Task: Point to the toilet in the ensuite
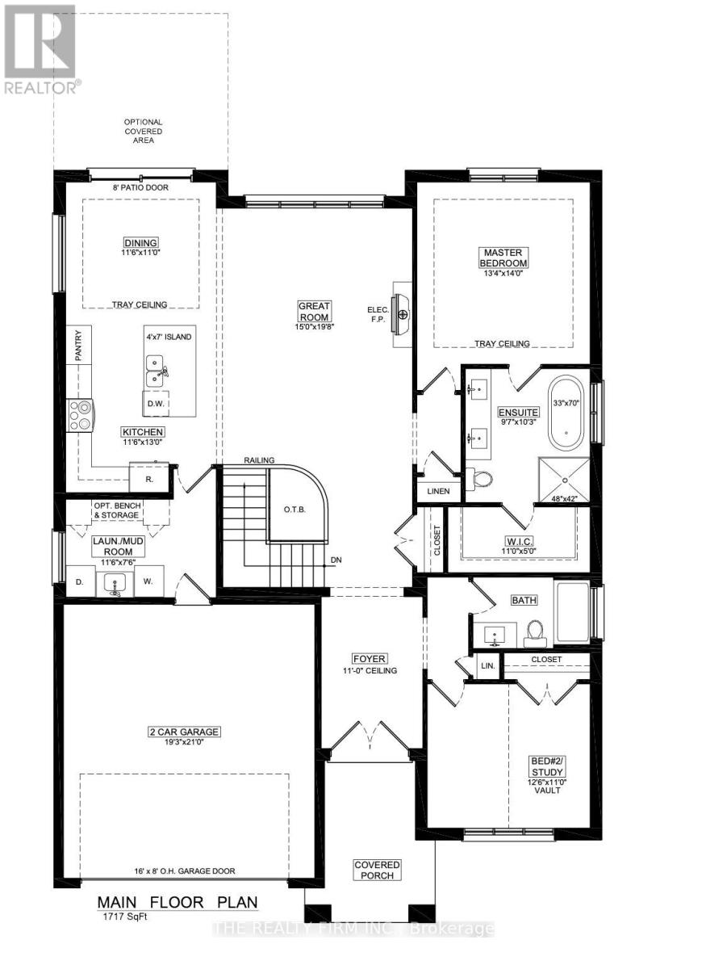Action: pyautogui.click(x=482, y=479)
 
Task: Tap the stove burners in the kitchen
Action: pyautogui.click(x=81, y=415)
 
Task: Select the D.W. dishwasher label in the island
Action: pyautogui.click(x=156, y=403)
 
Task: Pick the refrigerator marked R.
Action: pyautogui.click(x=149, y=478)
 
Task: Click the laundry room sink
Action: pyautogui.click(x=115, y=583)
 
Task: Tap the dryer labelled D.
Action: pyautogui.click(x=79, y=581)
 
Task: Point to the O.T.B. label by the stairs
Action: pyautogui.click(x=293, y=510)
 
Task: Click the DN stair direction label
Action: pyautogui.click(x=335, y=560)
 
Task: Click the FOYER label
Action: pyautogui.click(x=369, y=658)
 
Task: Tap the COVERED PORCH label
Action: pyautogui.click(x=377, y=870)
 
